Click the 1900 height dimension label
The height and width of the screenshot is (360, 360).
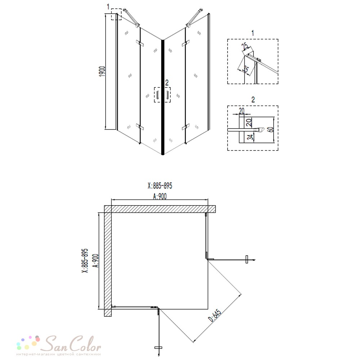tap(102, 71)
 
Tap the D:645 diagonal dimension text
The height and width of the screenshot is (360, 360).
tap(215, 315)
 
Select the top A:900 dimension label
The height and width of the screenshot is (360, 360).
tap(160, 196)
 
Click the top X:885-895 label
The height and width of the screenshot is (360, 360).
tap(160, 185)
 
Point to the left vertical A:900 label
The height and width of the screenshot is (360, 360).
tap(96, 261)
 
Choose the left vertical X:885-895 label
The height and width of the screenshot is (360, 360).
tap(85, 261)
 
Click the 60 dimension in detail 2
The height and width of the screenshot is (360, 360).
tap(271, 130)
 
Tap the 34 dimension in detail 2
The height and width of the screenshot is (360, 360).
tap(251, 137)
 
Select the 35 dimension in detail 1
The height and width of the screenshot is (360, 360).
tap(246, 69)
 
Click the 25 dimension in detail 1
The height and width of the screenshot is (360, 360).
tap(245, 46)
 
